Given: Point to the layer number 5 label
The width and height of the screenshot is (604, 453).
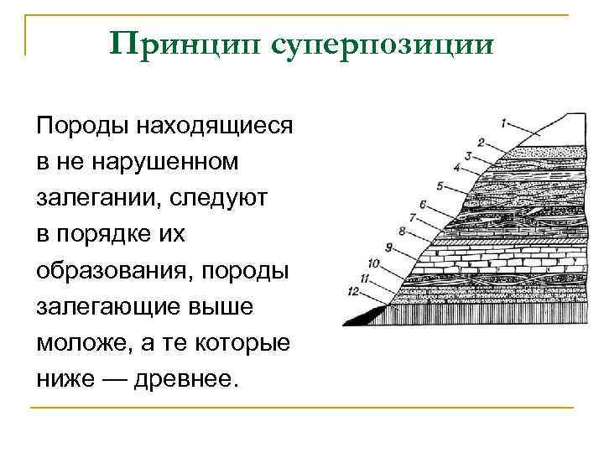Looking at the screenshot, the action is (440, 185).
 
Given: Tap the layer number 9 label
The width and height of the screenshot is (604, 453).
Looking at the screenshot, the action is (388, 246).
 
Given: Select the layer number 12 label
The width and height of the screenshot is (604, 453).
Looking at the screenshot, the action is (353, 290).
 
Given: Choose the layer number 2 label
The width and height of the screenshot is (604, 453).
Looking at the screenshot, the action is (481, 141).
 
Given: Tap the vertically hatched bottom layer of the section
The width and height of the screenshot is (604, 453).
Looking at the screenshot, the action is (495, 313).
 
